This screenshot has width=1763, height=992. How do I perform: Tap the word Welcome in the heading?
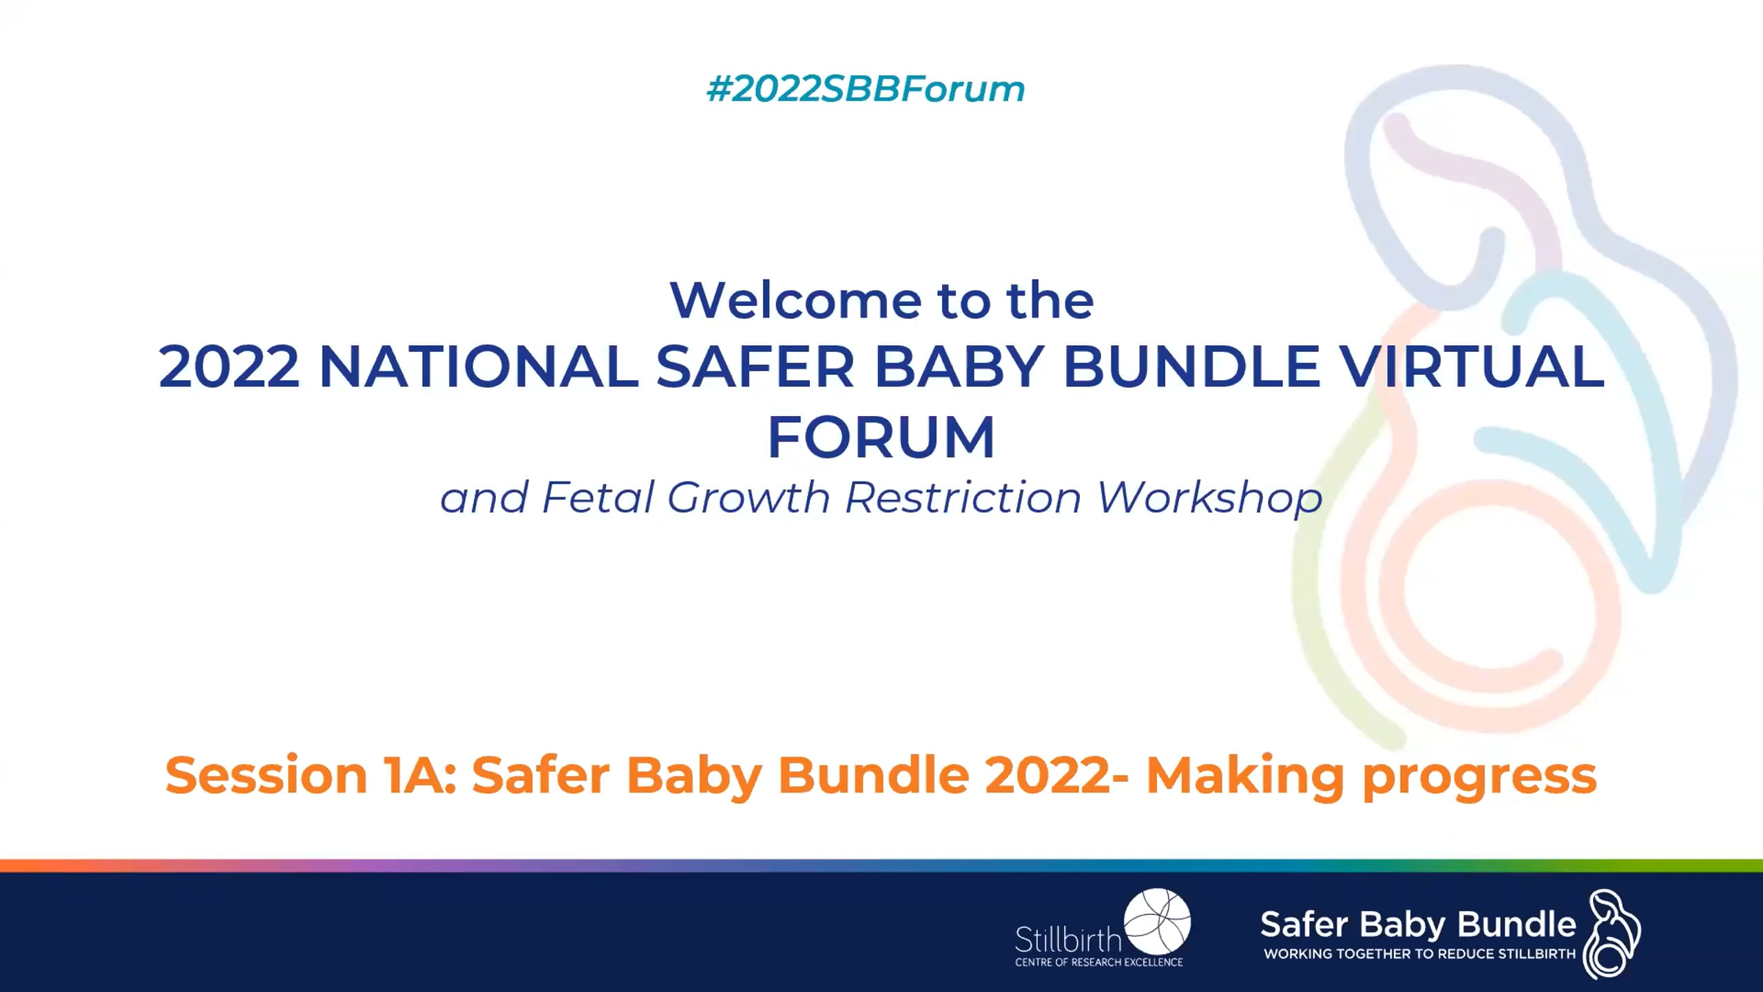pyautogui.click(x=795, y=301)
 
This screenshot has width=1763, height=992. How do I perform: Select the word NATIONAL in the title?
pyautogui.click(x=479, y=366)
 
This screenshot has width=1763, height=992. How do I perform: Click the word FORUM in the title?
pyautogui.click(x=881, y=437)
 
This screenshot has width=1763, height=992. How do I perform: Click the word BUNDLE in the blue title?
pyautogui.click(x=1191, y=366)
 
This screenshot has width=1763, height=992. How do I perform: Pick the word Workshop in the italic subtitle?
pyautogui.click(x=1209, y=497)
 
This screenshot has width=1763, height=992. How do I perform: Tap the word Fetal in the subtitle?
pyautogui.click(x=597, y=497)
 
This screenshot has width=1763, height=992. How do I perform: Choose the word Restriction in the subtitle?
pyautogui.click(x=963, y=497)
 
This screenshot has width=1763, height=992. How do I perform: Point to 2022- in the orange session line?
pyautogui.click(x=1056, y=776)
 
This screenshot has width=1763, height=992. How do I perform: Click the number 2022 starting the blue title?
pyautogui.click(x=229, y=366)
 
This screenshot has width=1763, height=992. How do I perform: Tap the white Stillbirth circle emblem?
pyautogui.click(x=1157, y=921)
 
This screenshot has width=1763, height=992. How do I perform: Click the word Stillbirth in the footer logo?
pyautogui.click(x=1068, y=940)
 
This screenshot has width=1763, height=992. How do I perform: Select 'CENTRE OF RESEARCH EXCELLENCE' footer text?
pyautogui.click(x=1098, y=962)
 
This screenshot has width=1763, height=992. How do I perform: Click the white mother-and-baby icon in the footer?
pyautogui.click(x=1611, y=933)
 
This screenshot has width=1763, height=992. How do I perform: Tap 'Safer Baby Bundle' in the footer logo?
pyautogui.click(x=1417, y=924)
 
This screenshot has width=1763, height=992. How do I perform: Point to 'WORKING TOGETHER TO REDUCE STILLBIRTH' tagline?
pyautogui.click(x=1419, y=954)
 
